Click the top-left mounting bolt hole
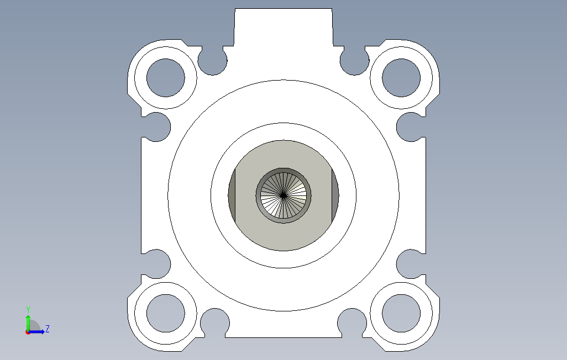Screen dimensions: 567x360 pos(166,78)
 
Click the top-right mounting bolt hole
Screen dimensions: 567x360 pos(401,78)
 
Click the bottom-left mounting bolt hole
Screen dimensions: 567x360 pos(166,314)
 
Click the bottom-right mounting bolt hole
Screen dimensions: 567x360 pos(401,314)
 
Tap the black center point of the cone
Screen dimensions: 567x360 pos(283,195)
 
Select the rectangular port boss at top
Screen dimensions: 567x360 pos(283,27)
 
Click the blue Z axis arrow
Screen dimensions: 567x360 pos(36,331)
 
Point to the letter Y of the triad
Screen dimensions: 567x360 pos(28,310)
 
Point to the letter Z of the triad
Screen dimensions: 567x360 pos(48,329)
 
